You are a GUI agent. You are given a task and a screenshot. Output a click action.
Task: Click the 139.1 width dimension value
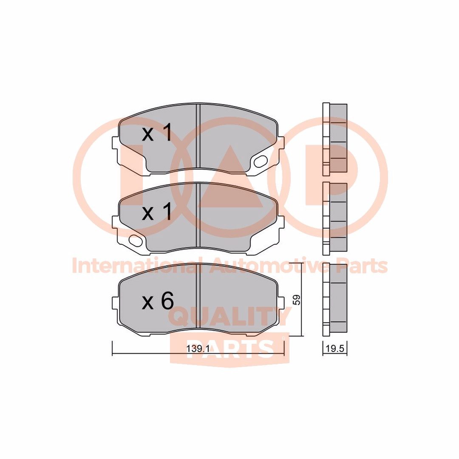[x=198, y=348]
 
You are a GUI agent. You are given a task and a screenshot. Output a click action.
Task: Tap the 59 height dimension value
[x=297, y=300]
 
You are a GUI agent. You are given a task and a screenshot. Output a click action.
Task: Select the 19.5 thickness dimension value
[x=335, y=348]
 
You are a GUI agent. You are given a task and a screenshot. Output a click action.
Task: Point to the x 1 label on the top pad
[x=157, y=133]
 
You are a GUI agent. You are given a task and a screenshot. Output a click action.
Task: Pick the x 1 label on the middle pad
[x=157, y=212]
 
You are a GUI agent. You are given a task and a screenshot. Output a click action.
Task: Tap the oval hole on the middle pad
[x=136, y=240]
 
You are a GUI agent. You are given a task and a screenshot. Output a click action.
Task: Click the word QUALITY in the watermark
[x=230, y=317]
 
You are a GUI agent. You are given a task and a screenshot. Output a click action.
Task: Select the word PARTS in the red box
[x=230, y=348]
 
